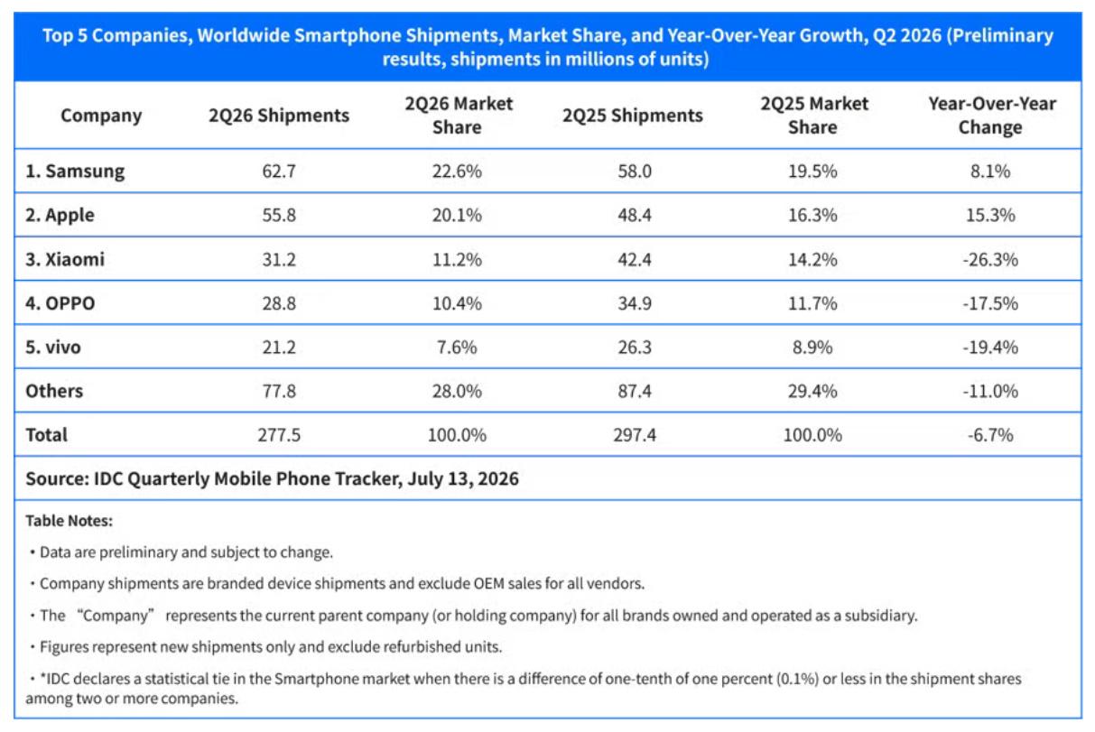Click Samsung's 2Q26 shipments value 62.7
coord(279,171)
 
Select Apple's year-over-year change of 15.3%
coord(990,215)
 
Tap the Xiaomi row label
coord(65,259)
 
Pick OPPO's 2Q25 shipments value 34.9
coord(635,303)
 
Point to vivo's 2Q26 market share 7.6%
coord(457,347)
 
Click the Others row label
coord(54,391)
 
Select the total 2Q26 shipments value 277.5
coord(279,434)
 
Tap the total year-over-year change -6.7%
coord(990,434)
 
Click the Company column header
coord(101,116)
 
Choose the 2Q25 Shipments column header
coord(633,116)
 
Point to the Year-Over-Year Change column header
coord(991,116)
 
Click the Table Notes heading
coord(69,521)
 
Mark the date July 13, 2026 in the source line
coord(463,479)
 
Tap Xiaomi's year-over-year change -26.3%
coord(990,259)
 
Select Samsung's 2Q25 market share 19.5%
coord(812,171)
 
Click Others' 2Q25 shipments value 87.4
coord(635,391)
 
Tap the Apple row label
coord(60,215)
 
